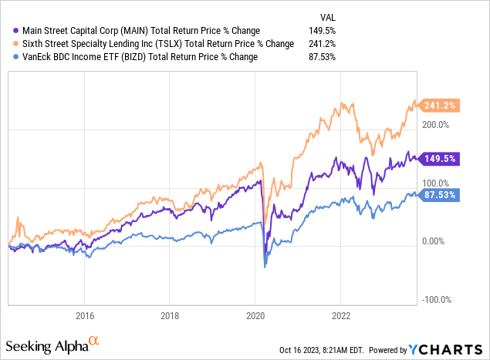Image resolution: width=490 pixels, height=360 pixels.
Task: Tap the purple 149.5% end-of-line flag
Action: coord(440,159)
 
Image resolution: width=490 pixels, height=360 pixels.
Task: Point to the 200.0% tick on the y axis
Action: coord(437,124)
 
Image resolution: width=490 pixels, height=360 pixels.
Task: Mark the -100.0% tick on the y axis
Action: coord(437,299)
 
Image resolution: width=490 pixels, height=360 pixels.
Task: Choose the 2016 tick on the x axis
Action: coord(85,315)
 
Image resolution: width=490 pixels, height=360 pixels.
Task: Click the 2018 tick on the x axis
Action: coord(170,315)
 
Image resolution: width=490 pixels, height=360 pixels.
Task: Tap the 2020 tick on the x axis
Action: coord(255,315)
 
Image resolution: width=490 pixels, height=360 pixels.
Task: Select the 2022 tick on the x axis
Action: coord(341,315)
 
